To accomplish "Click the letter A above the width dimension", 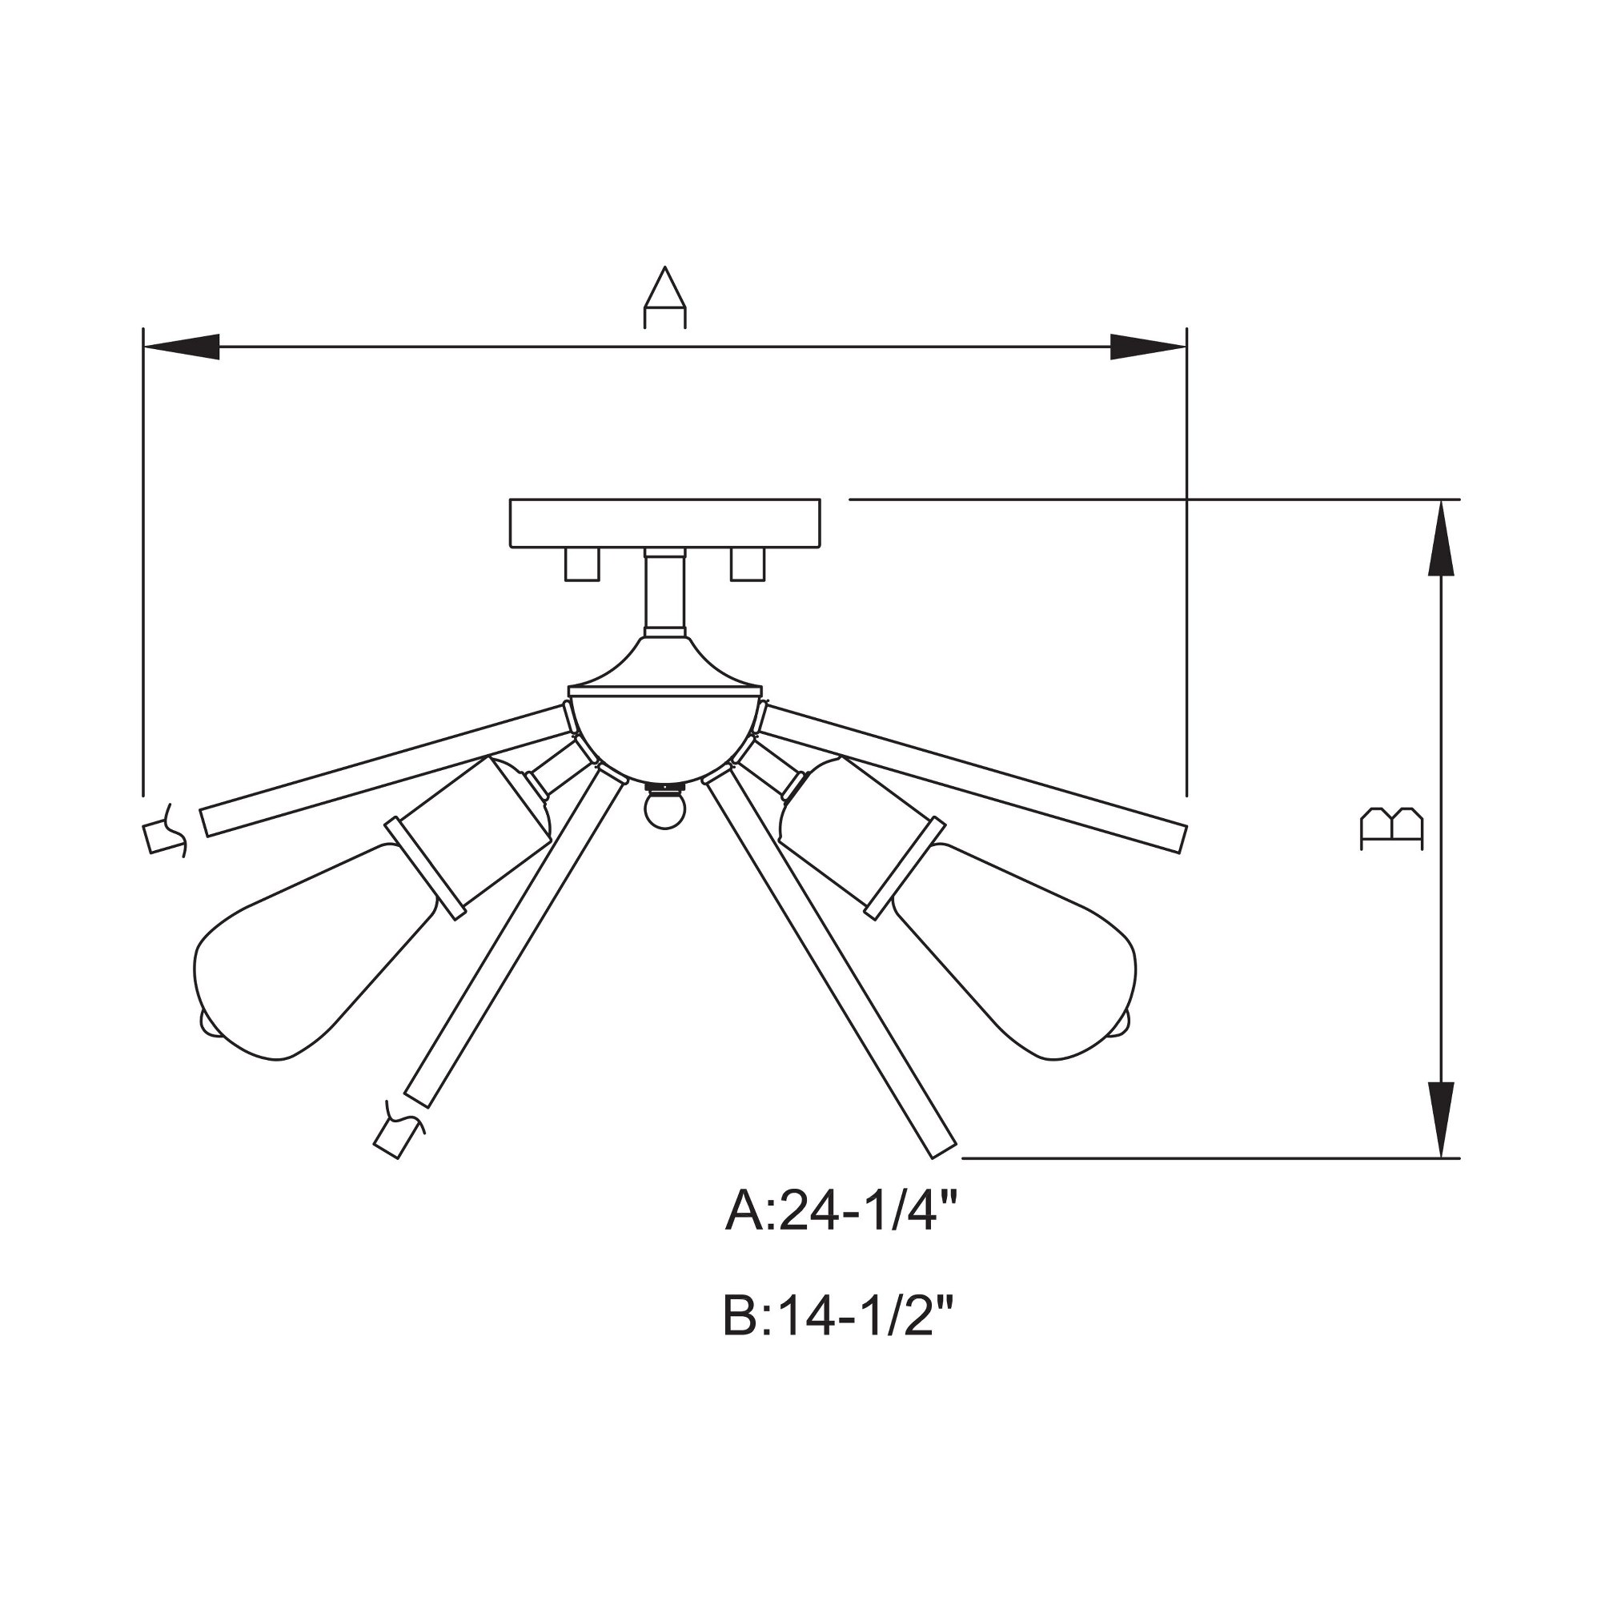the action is click(x=664, y=298).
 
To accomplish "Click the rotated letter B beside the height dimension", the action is click(x=1392, y=829).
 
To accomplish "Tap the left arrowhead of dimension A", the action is click(x=182, y=347).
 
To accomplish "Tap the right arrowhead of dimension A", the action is click(x=1149, y=347).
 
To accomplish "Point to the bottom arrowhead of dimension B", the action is click(x=1443, y=1120).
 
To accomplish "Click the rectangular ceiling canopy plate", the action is click(x=664, y=523).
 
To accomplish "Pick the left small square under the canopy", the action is click(x=582, y=564).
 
